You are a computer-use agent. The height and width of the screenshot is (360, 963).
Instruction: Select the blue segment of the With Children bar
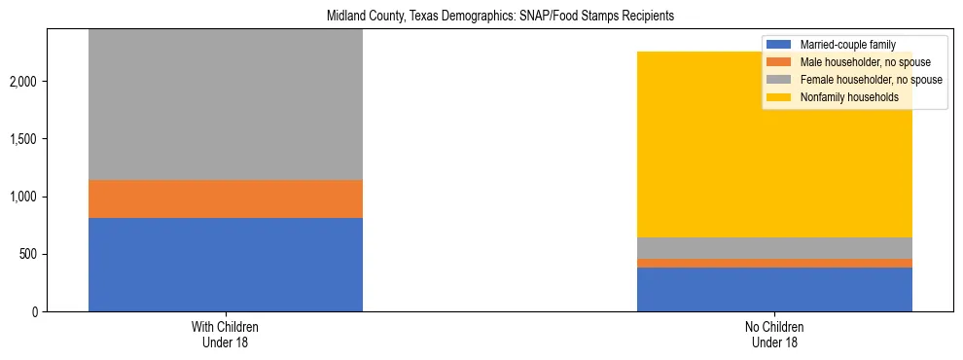click(x=226, y=265)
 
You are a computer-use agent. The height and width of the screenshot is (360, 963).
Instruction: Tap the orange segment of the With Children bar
click(x=226, y=199)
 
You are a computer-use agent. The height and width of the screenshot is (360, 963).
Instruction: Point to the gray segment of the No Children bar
click(x=774, y=248)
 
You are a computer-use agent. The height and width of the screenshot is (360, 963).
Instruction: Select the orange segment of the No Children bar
click(x=774, y=263)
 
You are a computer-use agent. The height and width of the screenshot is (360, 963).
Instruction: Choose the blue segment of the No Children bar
click(x=774, y=289)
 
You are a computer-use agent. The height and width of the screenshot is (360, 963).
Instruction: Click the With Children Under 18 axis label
click(x=226, y=335)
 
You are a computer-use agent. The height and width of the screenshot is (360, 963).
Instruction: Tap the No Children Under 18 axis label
click(x=774, y=335)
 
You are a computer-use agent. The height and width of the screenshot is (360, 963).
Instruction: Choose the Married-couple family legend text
click(x=847, y=45)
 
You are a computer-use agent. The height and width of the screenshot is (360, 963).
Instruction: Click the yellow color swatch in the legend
click(x=779, y=97)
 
